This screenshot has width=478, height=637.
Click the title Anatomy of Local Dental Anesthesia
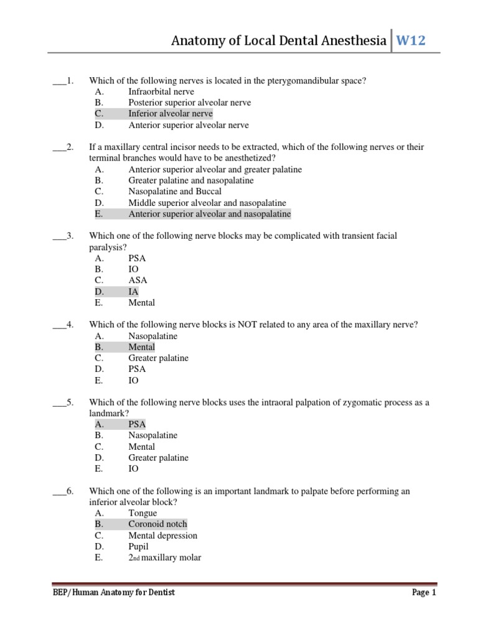pyautogui.click(x=279, y=42)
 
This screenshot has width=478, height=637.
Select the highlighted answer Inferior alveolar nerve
pyautogui.click(x=170, y=114)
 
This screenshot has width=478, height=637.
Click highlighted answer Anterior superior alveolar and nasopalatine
pyautogui.click(x=209, y=214)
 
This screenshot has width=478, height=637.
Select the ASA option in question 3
pyautogui.click(x=138, y=281)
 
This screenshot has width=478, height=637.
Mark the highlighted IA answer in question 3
pyautogui.click(x=133, y=292)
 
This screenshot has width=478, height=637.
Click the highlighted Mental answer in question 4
pyautogui.click(x=141, y=347)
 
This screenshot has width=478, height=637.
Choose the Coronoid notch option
pyautogui.click(x=157, y=524)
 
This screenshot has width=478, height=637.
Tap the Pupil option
pyautogui.click(x=138, y=547)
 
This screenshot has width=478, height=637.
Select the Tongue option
pyautogui.click(x=143, y=513)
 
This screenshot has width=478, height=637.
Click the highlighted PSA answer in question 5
pyautogui.click(x=137, y=424)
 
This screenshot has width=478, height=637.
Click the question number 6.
pyautogui.click(x=70, y=491)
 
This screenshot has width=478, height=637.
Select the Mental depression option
pyautogui.click(x=162, y=536)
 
